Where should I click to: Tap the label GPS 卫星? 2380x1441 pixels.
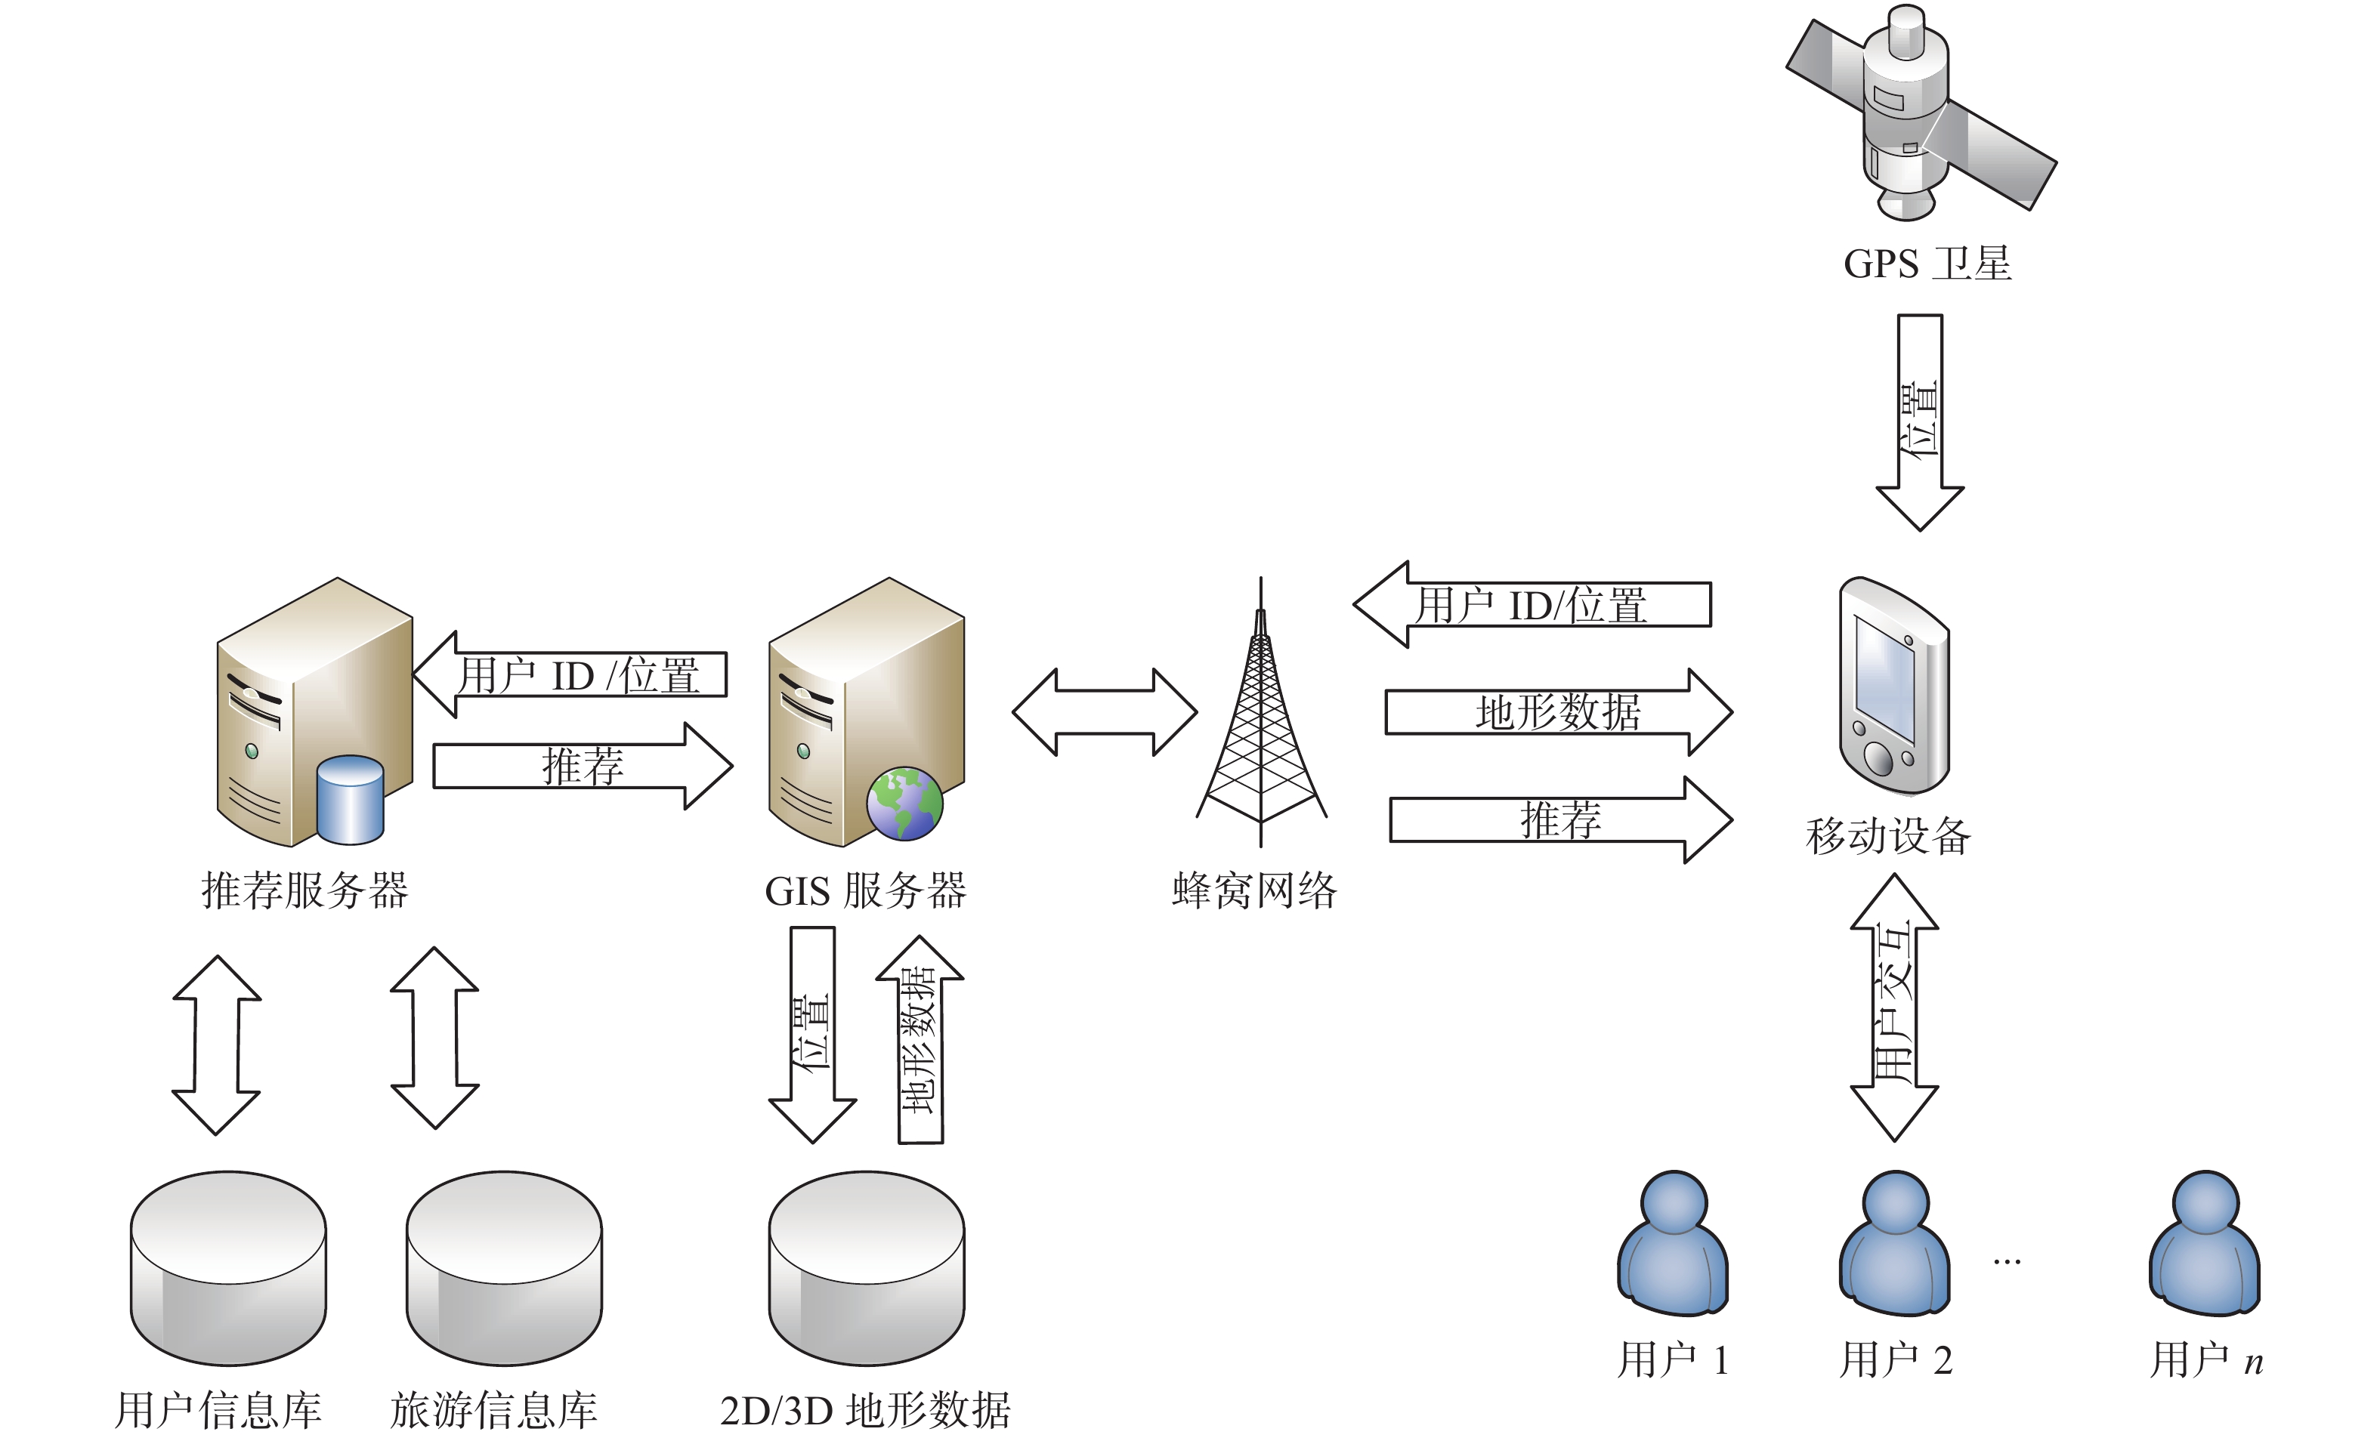coord(1927,264)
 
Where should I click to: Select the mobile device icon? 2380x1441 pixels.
coord(1893,686)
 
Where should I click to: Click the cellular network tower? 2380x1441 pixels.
coord(1260,714)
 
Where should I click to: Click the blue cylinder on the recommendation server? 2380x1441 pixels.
coord(350,800)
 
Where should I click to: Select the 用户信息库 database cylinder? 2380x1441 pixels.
coord(228,1267)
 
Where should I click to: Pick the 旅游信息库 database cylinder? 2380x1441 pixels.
coord(504,1267)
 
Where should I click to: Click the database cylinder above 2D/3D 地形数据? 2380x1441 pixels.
coord(867,1267)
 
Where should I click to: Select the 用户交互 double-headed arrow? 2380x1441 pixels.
coord(1894,1007)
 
